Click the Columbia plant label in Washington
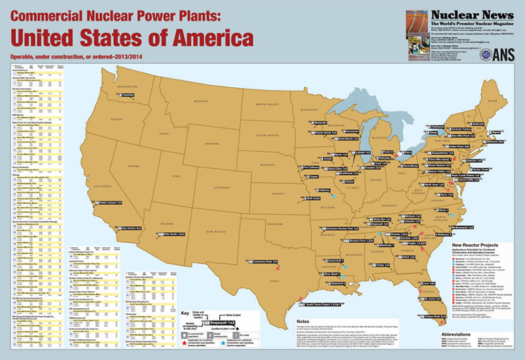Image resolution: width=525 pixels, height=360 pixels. [127, 95]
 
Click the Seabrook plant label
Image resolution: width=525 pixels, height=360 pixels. [491, 123]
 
